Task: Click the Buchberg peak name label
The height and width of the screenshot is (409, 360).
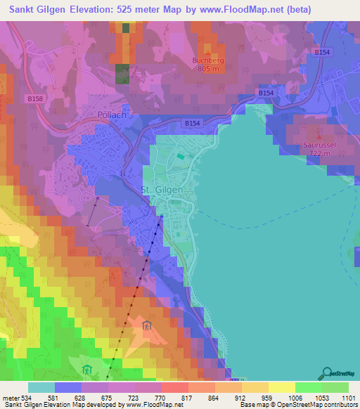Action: tap(206, 60)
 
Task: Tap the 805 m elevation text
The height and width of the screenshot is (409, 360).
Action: tap(206, 69)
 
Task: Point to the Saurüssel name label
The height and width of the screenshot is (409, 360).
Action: tap(319, 145)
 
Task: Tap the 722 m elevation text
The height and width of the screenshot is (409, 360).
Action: tap(319, 153)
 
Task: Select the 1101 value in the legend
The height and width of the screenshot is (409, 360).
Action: tap(349, 398)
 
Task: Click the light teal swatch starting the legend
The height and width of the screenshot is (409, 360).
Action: tap(41, 387)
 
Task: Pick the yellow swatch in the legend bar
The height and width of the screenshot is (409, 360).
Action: tap(281, 387)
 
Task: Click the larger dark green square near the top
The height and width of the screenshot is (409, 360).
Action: tap(122, 73)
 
